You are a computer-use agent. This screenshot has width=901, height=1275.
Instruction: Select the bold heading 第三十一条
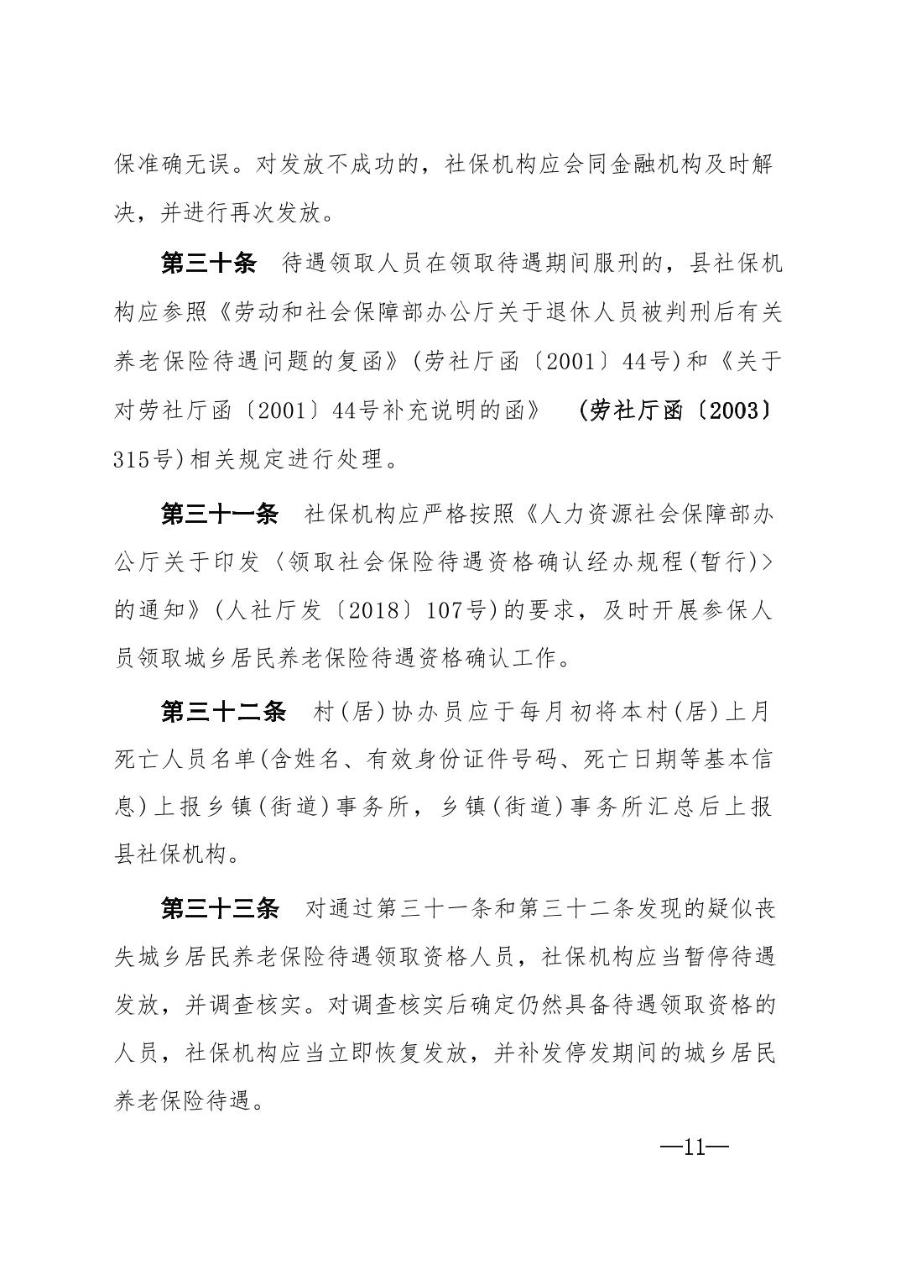[x=219, y=514]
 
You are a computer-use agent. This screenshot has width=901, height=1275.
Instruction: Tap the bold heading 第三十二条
[x=222, y=712]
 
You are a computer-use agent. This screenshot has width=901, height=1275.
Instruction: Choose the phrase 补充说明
[x=444, y=411]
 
